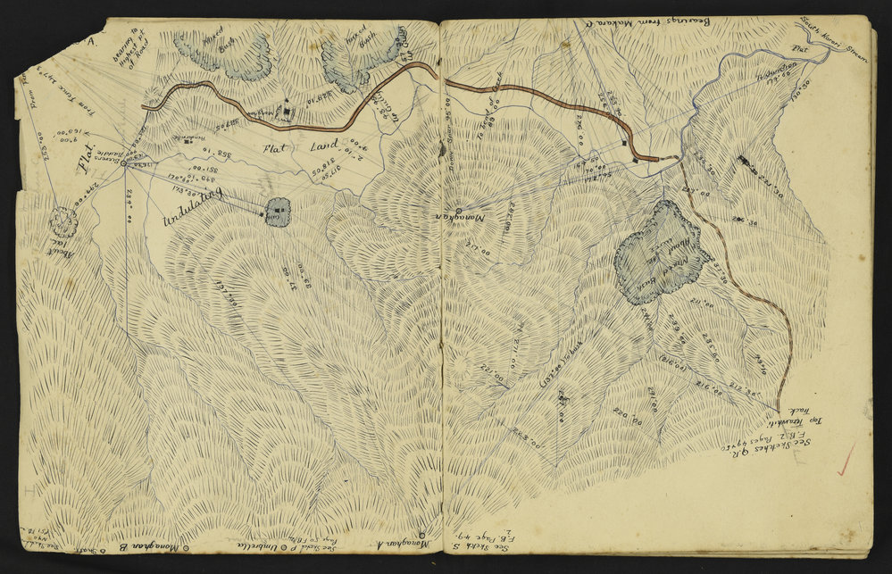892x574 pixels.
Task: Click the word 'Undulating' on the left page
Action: point(192,207)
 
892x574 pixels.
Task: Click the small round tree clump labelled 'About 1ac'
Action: point(63,220)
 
